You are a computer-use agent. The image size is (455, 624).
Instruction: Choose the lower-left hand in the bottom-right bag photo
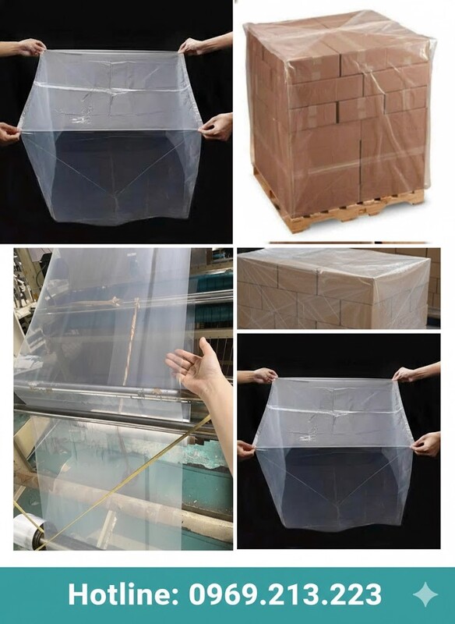pyautogui.click(x=249, y=449)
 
